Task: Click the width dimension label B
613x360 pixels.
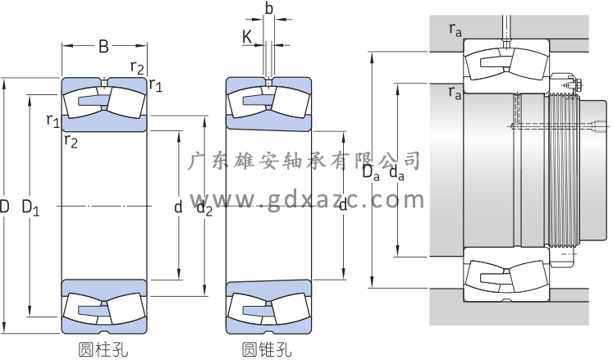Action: pyautogui.click(x=103, y=47)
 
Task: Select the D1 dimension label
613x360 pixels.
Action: pyautogui.click(x=31, y=208)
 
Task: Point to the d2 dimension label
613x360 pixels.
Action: pyautogui.click(x=204, y=209)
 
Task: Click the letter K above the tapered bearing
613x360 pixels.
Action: pyautogui.click(x=246, y=36)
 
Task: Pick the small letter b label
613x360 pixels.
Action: pyautogui.click(x=268, y=9)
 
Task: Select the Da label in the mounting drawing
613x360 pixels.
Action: pyautogui.click(x=372, y=172)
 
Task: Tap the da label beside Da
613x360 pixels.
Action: pyautogui.click(x=396, y=172)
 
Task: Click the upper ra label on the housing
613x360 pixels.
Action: pyautogui.click(x=455, y=30)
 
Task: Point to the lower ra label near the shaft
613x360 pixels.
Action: pyautogui.click(x=455, y=92)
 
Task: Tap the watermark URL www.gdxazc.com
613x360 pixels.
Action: pyautogui.click(x=307, y=199)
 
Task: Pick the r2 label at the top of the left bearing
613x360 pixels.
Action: pyautogui.click(x=138, y=66)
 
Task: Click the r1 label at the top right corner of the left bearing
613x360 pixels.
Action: pyautogui.click(x=155, y=84)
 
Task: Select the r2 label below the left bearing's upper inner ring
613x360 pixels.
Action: pyautogui.click(x=71, y=141)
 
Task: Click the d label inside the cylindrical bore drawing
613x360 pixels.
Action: pyautogui.click(x=178, y=208)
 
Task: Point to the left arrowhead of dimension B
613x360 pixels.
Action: pyautogui.click(x=64, y=46)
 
